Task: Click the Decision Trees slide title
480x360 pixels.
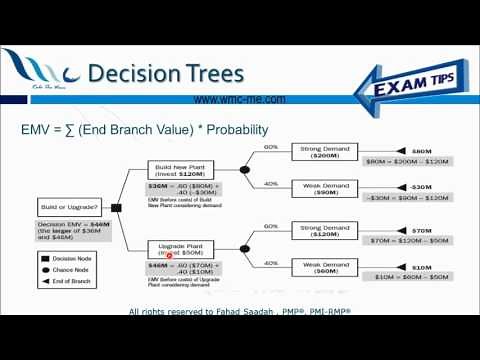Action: [164, 75]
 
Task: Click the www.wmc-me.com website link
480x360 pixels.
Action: [239, 100]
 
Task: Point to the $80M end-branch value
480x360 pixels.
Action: [421, 151]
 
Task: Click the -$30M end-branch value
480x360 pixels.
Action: [421, 188]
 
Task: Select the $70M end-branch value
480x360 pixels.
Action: [421, 229]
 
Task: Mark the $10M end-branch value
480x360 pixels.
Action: [421, 267]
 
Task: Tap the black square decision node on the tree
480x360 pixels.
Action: [116, 208]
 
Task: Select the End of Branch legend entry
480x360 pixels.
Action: [68, 283]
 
